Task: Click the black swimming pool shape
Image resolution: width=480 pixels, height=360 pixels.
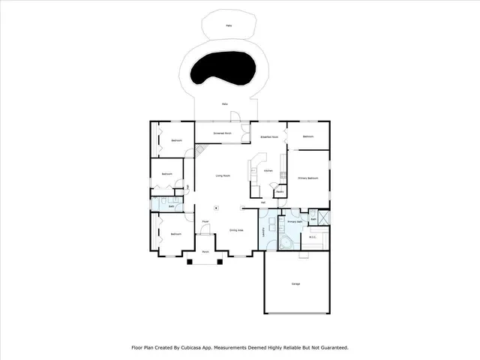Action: pos(225,71)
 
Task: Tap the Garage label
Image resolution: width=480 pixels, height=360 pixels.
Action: pos(295,283)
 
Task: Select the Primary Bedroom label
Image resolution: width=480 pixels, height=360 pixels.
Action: pos(307,178)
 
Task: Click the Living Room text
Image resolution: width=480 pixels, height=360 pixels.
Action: pos(223,175)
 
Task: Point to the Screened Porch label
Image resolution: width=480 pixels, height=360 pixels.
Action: pos(223,133)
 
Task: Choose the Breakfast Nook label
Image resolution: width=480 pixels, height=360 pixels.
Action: pos(269,137)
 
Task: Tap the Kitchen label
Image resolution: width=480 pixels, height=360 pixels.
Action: pos(268,171)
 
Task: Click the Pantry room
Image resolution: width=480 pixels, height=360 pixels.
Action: pos(279,192)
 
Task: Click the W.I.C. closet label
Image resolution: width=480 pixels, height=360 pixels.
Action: pos(313,238)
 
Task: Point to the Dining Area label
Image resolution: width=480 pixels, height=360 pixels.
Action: pos(235,230)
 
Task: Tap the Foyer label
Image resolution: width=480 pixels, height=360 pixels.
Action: pos(205,221)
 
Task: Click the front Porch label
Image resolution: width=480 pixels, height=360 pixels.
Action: pos(205,253)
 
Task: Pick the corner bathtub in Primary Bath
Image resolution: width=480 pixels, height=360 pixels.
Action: pos(287,242)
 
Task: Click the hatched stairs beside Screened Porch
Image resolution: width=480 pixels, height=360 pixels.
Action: pos(200,151)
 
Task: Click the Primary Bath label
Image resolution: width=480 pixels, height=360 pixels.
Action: pos(294,222)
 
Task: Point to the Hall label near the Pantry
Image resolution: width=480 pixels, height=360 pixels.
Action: pos(263,202)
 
